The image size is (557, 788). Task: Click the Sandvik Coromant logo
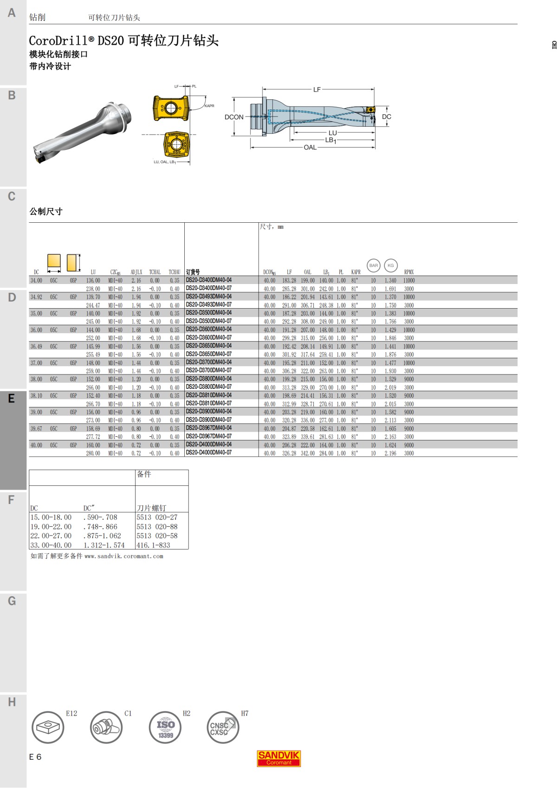(x=278, y=758)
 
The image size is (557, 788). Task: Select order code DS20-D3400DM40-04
(x=209, y=280)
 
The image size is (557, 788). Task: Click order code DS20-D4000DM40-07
(x=209, y=453)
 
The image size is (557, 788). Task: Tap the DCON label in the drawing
(x=234, y=117)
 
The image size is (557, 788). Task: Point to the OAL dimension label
(x=310, y=148)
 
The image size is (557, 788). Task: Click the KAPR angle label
(x=209, y=106)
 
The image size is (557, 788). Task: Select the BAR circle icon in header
(x=374, y=265)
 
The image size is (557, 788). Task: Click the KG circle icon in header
(x=391, y=265)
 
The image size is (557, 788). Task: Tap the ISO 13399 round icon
(x=165, y=727)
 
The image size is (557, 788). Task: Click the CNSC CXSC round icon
(x=222, y=727)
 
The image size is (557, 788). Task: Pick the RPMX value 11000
(x=409, y=281)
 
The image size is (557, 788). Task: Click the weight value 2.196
(x=390, y=453)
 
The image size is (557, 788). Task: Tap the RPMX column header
(x=409, y=272)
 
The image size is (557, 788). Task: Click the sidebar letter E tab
(x=12, y=398)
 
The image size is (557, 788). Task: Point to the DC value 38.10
(x=36, y=396)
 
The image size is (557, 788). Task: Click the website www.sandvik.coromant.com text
(x=123, y=556)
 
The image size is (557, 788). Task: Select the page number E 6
(x=35, y=757)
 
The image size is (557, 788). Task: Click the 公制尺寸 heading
(x=46, y=212)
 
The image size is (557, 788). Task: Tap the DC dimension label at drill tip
(x=387, y=117)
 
